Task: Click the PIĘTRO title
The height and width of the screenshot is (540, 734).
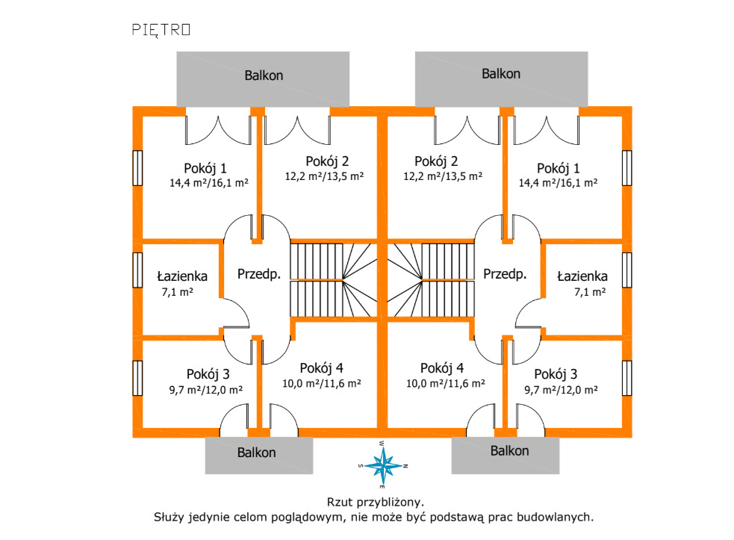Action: (x=161, y=29)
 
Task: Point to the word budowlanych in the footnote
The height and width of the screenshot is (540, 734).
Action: (x=558, y=516)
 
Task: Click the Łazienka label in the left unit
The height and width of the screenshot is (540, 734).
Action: (x=183, y=276)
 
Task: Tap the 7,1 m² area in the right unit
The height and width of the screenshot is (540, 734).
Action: (x=589, y=292)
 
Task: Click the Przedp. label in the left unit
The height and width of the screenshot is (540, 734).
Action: (x=259, y=274)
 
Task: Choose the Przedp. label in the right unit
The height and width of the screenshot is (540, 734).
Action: (x=505, y=274)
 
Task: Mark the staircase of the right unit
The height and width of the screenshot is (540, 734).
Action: (x=430, y=279)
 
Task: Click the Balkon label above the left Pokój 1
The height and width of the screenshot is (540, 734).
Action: (x=264, y=75)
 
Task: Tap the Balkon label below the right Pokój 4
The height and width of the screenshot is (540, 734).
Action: (x=510, y=450)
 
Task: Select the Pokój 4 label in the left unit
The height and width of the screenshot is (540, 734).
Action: (x=321, y=367)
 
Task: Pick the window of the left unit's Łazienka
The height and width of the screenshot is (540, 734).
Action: (x=137, y=269)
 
